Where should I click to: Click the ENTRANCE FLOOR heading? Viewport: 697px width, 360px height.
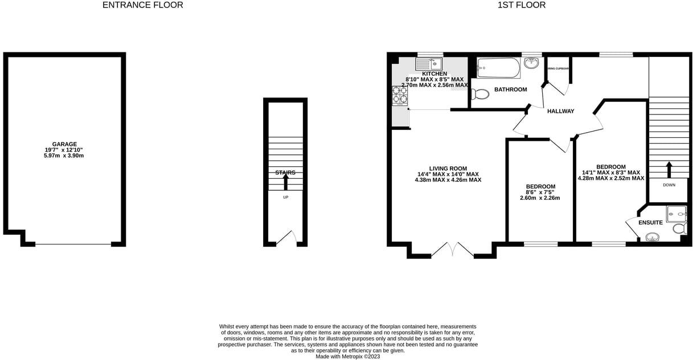(142, 5)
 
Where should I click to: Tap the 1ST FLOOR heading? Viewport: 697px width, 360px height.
(522, 5)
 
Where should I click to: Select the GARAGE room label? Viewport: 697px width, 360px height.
(64, 144)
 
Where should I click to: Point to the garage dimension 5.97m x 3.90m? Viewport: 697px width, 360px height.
(64, 156)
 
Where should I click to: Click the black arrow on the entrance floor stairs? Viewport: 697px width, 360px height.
(285, 182)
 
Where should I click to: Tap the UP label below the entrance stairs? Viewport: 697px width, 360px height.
(285, 197)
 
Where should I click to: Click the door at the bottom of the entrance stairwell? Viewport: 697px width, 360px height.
(286, 238)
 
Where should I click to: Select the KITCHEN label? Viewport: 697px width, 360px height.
(434, 74)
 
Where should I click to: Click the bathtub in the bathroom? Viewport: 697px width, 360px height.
(498, 68)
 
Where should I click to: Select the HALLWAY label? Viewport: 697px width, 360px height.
(560, 111)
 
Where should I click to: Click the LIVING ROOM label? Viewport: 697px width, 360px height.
(448, 169)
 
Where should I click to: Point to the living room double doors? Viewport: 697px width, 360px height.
(453, 250)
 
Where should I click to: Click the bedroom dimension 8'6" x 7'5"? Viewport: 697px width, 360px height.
(540, 193)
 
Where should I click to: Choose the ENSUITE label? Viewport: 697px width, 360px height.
(650, 222)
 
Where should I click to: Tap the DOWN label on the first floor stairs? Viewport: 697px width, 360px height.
(669, 185)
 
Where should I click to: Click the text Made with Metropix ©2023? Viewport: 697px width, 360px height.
(347, 357)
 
